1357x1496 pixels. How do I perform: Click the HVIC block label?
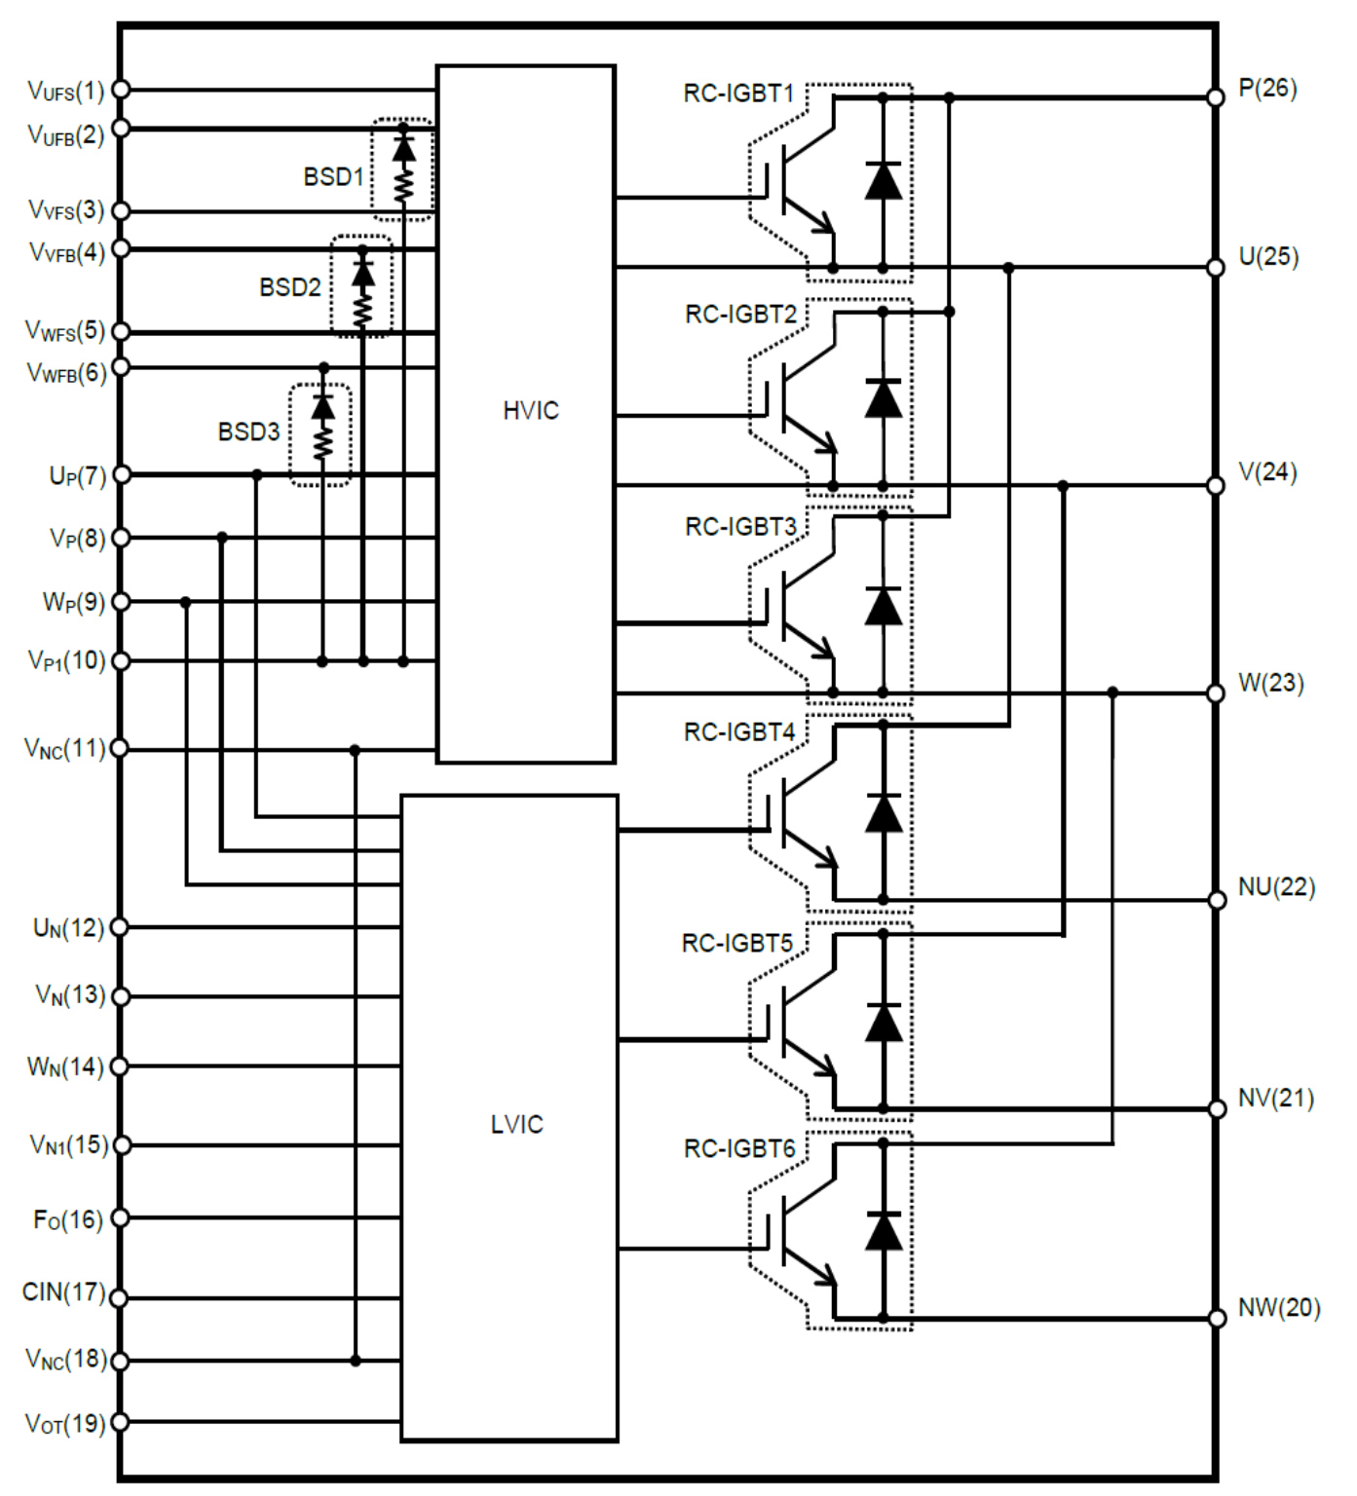[x=531, y=411]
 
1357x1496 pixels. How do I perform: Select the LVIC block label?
[x=516, y=1125]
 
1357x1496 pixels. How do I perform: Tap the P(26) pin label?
[x=1267, y=89]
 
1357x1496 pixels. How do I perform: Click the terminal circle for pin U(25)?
[x=1215, y=267]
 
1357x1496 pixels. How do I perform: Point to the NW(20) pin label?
[x=1278, y=1308]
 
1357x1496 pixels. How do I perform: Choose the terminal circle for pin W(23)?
[x=1215, y=693]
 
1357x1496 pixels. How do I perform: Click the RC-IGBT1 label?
[x=738, y=93]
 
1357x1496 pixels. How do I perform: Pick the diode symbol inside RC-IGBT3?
[x=884, y=607]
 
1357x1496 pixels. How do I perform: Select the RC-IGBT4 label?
[x=739, y=732]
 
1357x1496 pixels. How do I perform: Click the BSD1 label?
[x=333, y=177]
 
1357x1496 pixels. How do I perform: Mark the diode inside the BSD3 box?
[x=322, y=406]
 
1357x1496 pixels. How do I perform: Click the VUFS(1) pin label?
[x=65, y=92]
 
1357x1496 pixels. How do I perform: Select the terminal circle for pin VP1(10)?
[x=121, y=661]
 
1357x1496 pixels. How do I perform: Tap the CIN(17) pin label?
[x=63, y=1292]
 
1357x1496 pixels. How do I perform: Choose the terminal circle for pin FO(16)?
[x=121, y=1217]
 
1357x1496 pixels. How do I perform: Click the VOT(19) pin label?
[x=64, y=1424]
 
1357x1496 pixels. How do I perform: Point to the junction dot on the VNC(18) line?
[x=356, y=1360]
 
